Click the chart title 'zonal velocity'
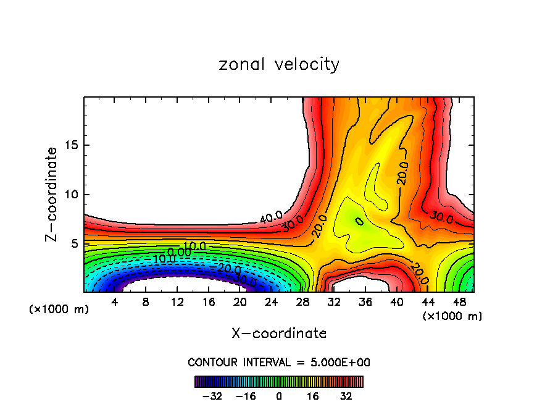point(279,64)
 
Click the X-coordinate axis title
point(279,334)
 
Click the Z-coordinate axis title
point(52,194)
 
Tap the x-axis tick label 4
point(115,303)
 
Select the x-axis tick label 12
point(177,303)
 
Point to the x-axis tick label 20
point(240,303)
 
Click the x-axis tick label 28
point(302,303)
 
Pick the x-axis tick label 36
point(365,303)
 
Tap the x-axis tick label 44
point(428,303)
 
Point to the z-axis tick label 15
point(72,146)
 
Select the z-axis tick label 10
point(72,195)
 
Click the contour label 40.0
point(270,217)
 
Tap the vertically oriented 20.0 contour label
point(402,174)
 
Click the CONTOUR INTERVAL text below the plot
point(279,362)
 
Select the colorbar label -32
point(212,395)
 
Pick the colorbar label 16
point(313,395)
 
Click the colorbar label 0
point(279,395)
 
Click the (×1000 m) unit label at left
point(59,309)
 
